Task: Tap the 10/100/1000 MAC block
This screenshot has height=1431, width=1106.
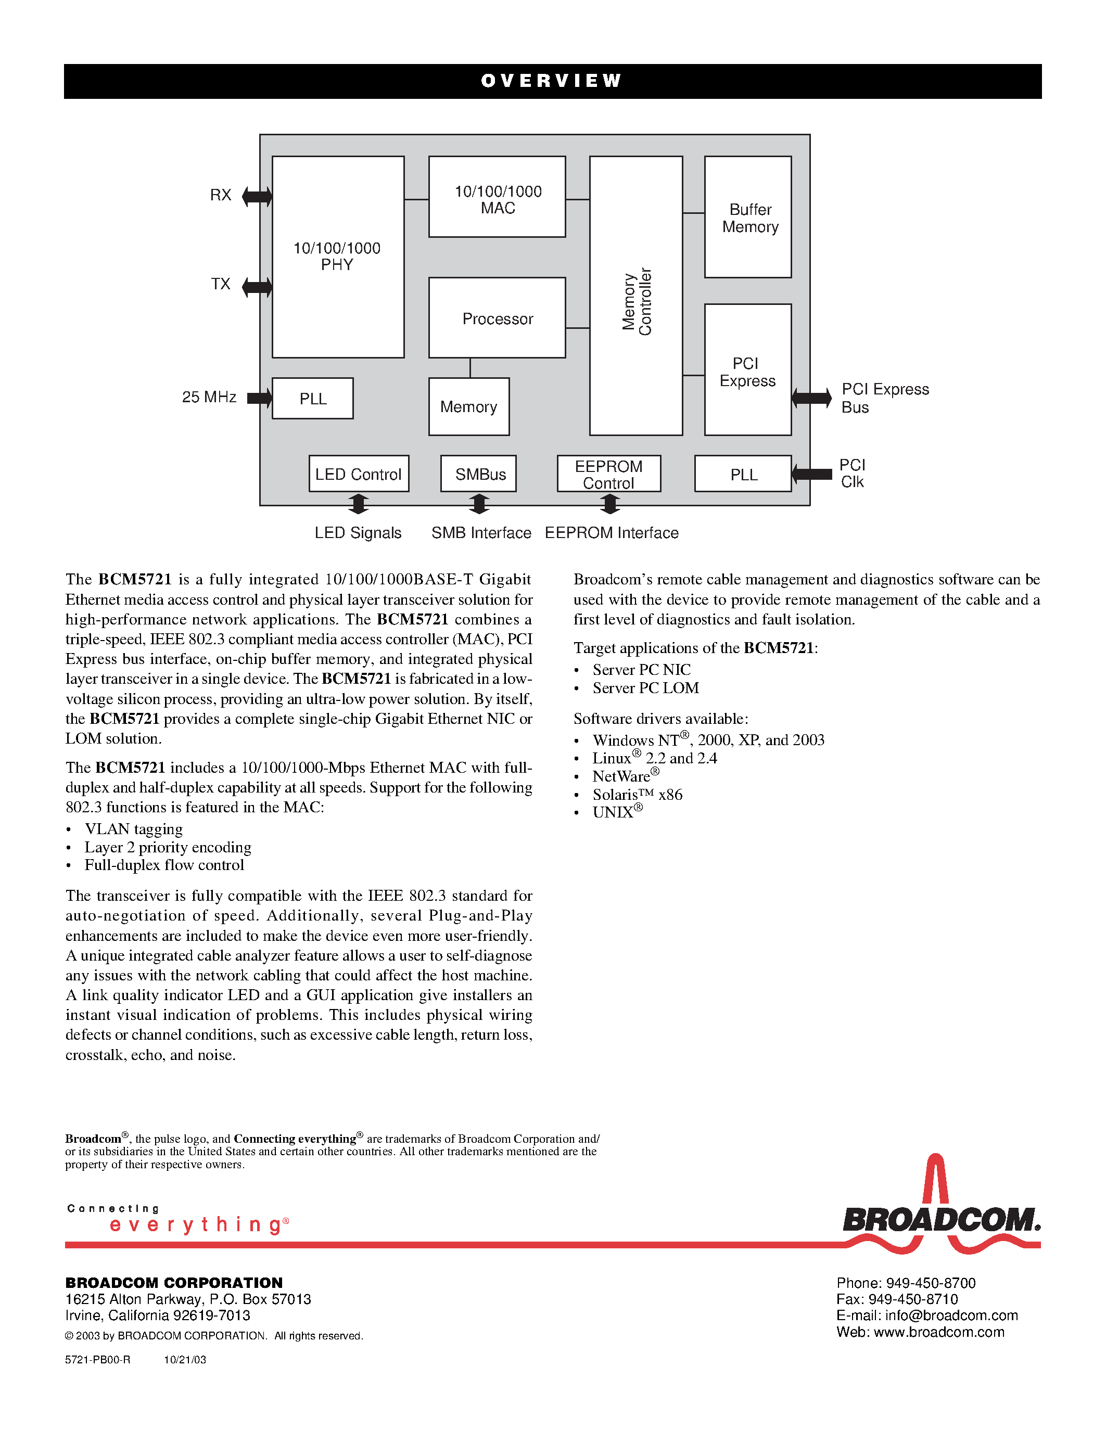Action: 497,197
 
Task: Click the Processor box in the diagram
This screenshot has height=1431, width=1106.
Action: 497,318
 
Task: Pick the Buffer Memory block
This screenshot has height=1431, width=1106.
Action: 747,217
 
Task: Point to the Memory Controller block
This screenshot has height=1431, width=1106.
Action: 635,296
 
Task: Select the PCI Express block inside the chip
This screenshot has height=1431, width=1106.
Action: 747,369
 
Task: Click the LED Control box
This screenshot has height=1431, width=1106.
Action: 359,474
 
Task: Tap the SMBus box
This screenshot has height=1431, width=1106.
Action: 478,474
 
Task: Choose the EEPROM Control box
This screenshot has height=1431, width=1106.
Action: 609,474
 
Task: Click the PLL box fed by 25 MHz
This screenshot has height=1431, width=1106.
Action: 312,399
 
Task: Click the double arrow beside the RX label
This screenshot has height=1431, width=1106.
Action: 257,196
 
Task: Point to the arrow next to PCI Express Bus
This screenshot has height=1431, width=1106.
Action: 811,398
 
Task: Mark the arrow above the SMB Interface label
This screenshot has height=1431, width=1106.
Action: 479,504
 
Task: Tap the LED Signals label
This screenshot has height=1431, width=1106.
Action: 358,533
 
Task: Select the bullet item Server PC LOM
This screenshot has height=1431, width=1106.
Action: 645,688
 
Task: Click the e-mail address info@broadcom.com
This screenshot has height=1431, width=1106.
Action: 951,1315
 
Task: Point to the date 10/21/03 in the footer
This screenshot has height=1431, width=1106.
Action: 185,1360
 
